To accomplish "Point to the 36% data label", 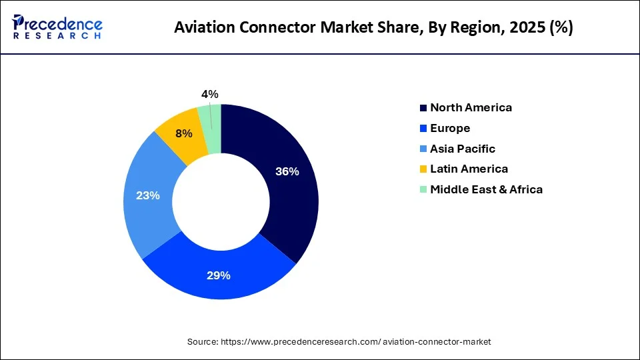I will (x=287, y=171).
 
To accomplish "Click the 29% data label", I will (x=219, y=275).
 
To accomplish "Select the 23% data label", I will (x=148, y=195).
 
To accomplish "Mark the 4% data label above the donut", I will (x=209, y=95).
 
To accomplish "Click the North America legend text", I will (x=471, y=107).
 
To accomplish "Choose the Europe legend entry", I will (x=450, y=128).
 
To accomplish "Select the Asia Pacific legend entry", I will (x=463, y=149).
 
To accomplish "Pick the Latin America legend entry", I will (x=469, y=169).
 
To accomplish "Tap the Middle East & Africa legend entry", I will (x=486, y=189).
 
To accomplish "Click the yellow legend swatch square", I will (x=423, y=169).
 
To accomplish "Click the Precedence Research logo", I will (x=57, y=27).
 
